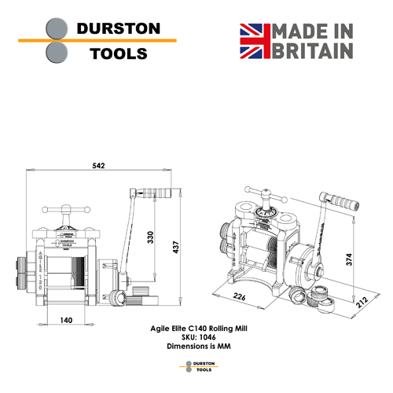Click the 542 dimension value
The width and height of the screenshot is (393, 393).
pos(98,166)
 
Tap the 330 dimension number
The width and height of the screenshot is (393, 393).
pos(150,237)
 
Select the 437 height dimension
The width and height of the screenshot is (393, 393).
pos(176,247)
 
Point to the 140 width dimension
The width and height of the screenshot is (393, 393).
pos(66,320)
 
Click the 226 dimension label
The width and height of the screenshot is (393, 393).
pos(239,296)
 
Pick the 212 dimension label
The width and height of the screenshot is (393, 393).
pos(362,302)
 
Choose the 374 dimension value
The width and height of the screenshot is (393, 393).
pos(349,259)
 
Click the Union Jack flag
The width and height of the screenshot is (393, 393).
pos(255,41)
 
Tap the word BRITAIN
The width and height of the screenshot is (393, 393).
pos(313,51)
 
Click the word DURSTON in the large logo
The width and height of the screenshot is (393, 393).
pos(119,28)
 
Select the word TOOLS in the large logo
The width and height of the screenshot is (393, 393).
pos(119,53)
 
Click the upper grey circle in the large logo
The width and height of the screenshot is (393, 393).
pos(57,28)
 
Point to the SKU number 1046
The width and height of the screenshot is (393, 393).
pos(208,337)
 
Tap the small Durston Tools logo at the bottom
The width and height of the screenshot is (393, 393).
pos(199,366)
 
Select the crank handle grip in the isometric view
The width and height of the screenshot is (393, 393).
pos(343,200)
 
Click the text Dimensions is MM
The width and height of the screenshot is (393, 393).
pos(199,346)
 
